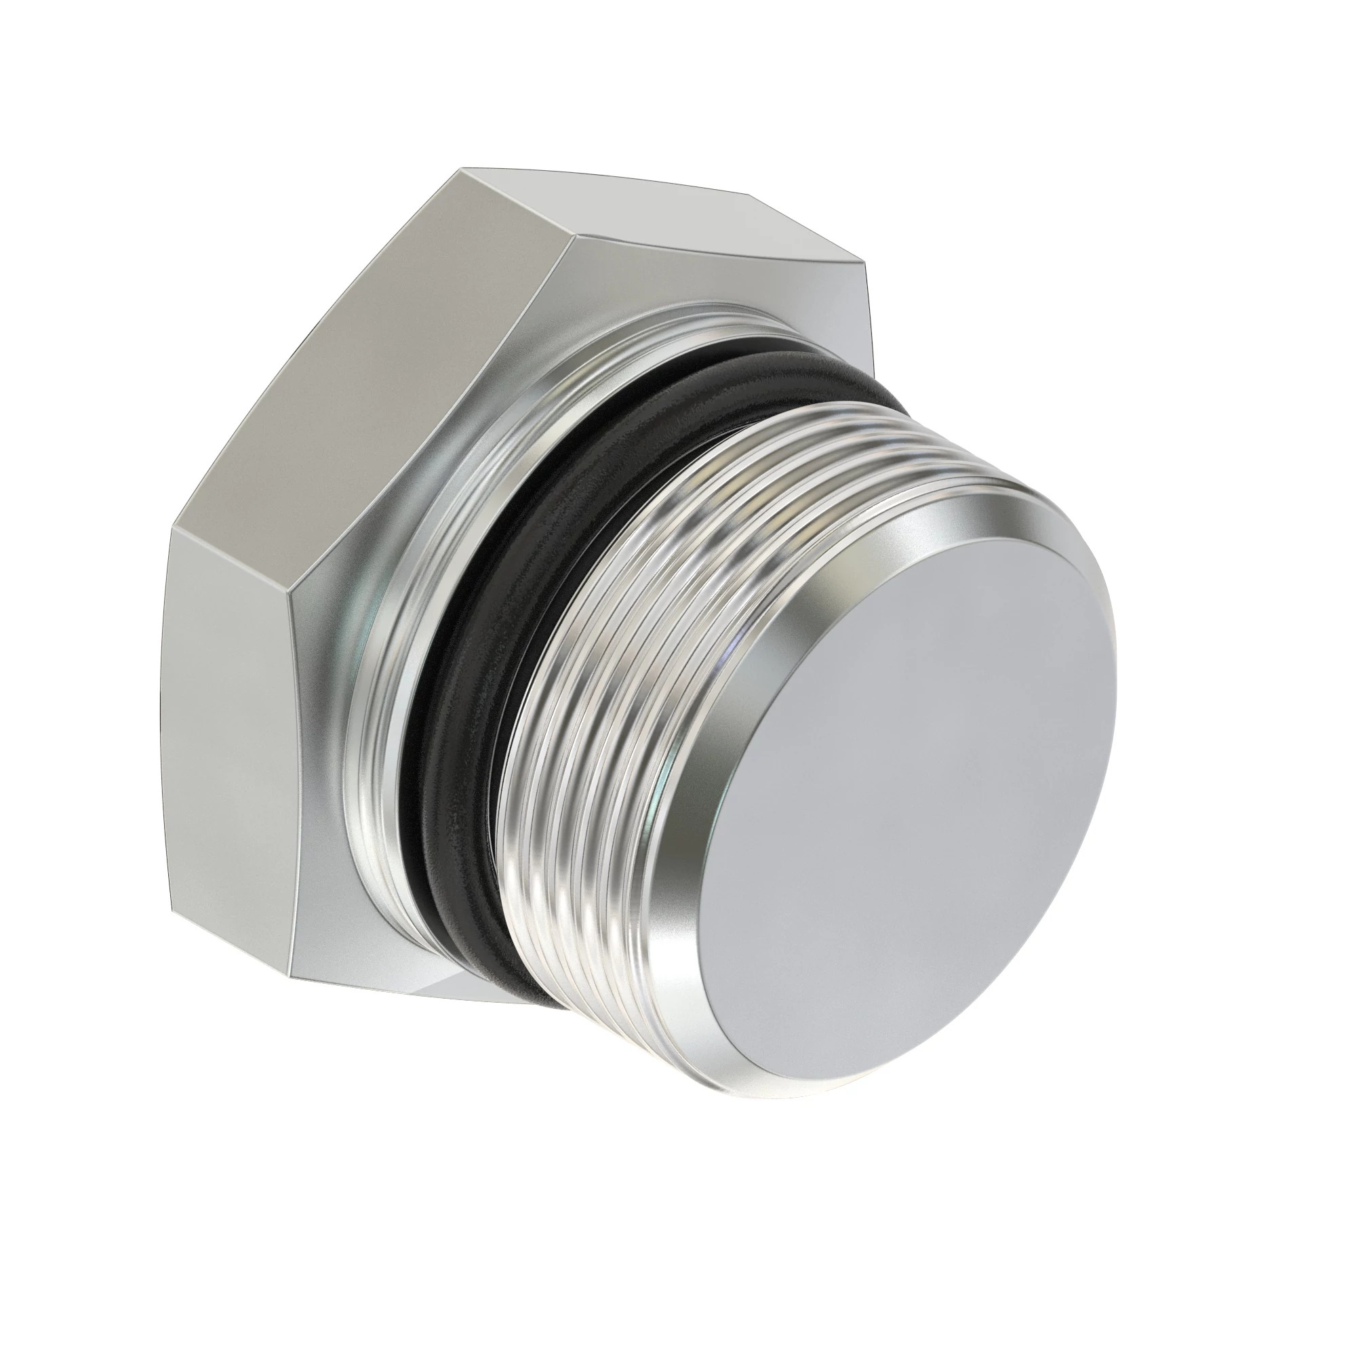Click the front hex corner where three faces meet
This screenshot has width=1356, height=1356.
point(574,240)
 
